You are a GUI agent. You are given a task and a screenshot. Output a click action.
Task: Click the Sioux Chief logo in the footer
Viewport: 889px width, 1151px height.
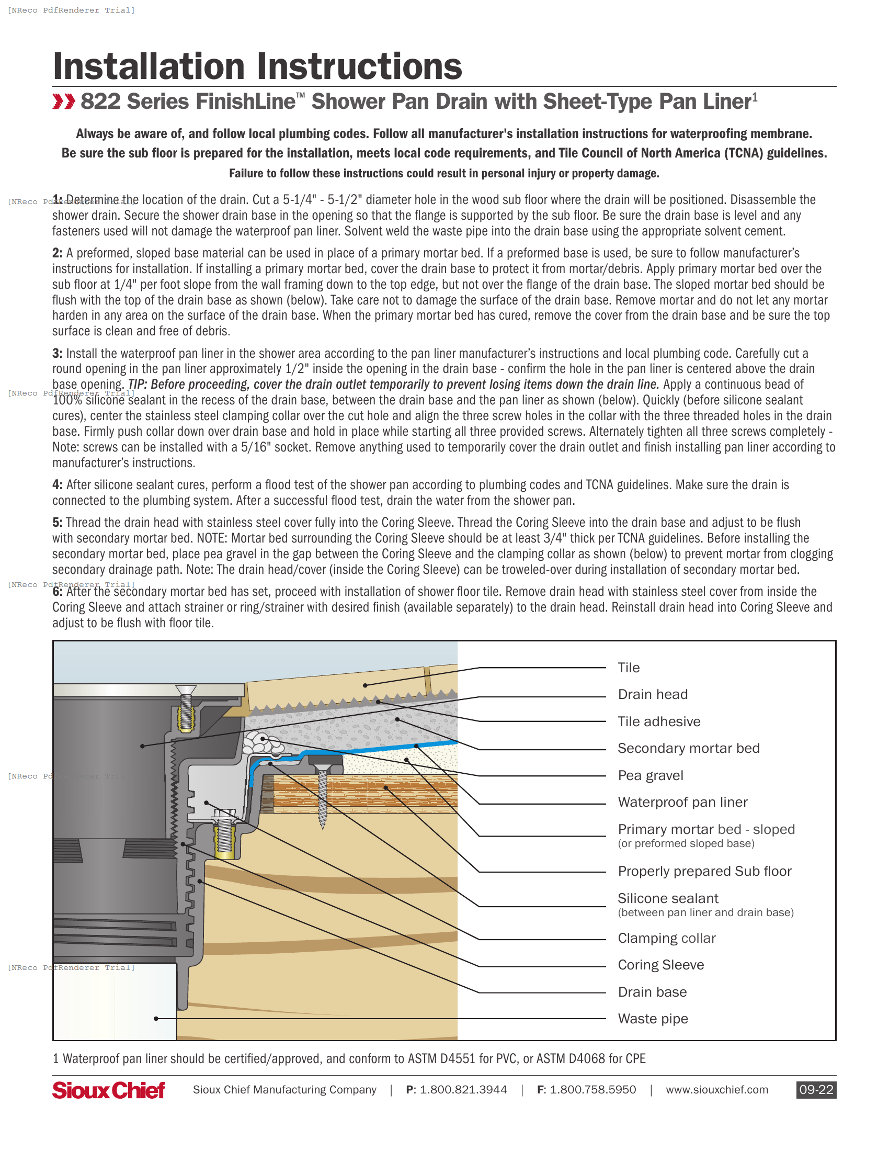click(108, 1090)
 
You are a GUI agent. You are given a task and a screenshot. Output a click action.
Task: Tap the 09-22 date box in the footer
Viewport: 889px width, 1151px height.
click(816, 1089)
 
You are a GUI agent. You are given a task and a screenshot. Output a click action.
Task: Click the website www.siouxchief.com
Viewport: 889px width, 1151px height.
click(717, 1089)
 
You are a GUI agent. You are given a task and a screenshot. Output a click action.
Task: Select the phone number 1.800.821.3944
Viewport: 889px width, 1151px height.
click(463, 1089)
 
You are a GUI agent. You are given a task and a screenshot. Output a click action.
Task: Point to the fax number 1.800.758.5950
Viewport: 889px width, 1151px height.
click(592, 1089)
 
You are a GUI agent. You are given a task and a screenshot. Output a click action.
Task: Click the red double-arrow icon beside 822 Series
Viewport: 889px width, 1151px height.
click(64, 101)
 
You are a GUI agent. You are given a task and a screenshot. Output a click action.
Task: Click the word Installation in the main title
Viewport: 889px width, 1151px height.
click(149, 66)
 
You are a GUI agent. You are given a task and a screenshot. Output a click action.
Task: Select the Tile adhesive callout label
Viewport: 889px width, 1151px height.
click(659, 721)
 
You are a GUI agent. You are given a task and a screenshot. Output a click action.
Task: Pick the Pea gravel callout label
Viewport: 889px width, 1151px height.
click(651, 775)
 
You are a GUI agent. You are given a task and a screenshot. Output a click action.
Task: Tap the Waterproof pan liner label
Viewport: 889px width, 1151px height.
click(682, 802)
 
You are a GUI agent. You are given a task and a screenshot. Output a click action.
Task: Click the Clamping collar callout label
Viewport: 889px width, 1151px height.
click(667, 938)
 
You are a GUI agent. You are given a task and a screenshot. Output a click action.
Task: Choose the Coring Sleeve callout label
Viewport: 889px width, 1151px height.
click(660, 965)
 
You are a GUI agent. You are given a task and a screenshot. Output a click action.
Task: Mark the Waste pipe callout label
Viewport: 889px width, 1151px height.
click(653, 1019)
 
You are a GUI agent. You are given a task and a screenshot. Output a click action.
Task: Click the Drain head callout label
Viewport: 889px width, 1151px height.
click(653, 695)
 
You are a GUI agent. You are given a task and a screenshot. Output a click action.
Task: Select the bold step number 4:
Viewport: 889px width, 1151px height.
click(58, 485)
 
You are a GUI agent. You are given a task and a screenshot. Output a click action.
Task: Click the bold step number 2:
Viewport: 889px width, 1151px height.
click(58, 253)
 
